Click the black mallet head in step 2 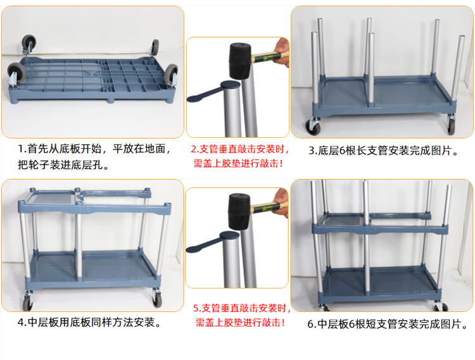(x=240, y=61)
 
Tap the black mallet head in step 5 (x=239, y=211)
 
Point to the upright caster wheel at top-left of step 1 (x=28, y=42)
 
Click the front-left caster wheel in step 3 (x=312, y=127)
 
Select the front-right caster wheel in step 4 (x=157, y=300)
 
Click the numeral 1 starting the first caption (x=21, y=149)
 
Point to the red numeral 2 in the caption (x=194, y=149)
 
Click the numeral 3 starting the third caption (x=312, y=151)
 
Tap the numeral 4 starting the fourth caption (x=21, y=323)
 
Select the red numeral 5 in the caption (x=196, y=309)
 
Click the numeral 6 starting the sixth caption (x=311, y=325)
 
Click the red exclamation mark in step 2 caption (x=281, y=164)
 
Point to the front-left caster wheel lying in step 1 (x=14, y=73)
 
